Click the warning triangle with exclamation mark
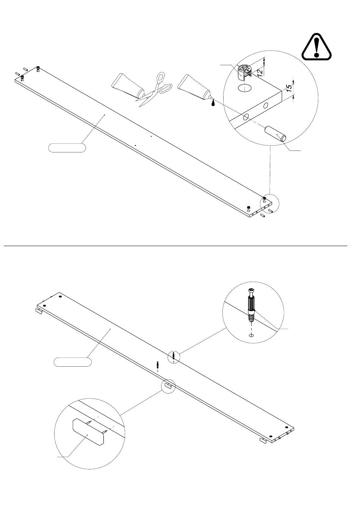pos(316,47)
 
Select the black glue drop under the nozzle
pos(213,103)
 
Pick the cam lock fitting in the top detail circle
pos(244,72)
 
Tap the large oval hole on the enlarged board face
pos(244,88)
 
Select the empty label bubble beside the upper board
pos(67,148)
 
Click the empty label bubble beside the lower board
pos(72,362)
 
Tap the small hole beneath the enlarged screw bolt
pos(251,335)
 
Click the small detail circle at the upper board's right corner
pos(269,203)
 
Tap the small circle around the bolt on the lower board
pos(174,357)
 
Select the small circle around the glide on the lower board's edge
pos(168,387)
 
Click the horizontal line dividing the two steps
pos(175,246)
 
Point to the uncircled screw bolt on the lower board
pos(158,364)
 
